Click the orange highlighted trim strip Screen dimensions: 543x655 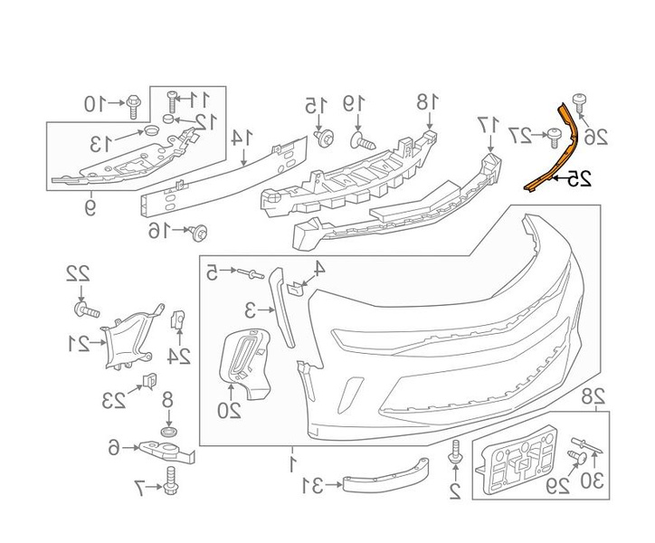(x=554, y=149)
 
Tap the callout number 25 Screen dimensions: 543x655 (x=579, y=180)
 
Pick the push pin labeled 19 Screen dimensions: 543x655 (x=360, y=140)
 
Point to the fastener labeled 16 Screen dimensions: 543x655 (x=199, y=233)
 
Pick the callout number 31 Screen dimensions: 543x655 (x=312, y=487)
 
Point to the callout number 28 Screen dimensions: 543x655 (x=593, y=395)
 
